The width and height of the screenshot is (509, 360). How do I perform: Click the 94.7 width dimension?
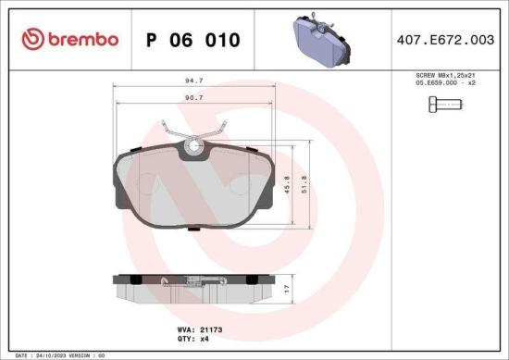click(x=194, y=81)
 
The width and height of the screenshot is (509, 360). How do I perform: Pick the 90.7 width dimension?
click(x=194, y=97)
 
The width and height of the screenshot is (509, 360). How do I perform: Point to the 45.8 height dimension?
click(x=288, y=184)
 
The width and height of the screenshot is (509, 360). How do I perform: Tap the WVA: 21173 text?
click(x=194, y=328)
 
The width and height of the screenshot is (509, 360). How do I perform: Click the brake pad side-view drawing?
click(x=194, y=290)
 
